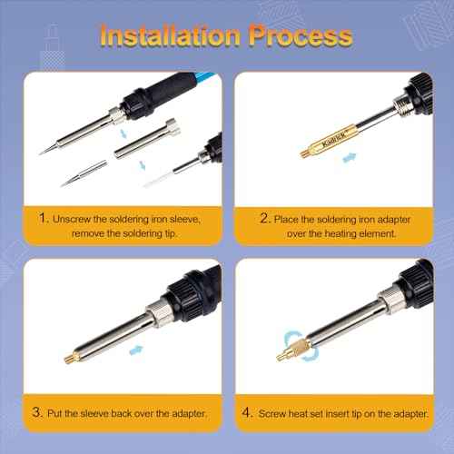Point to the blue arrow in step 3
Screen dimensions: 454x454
pos(135,348)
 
